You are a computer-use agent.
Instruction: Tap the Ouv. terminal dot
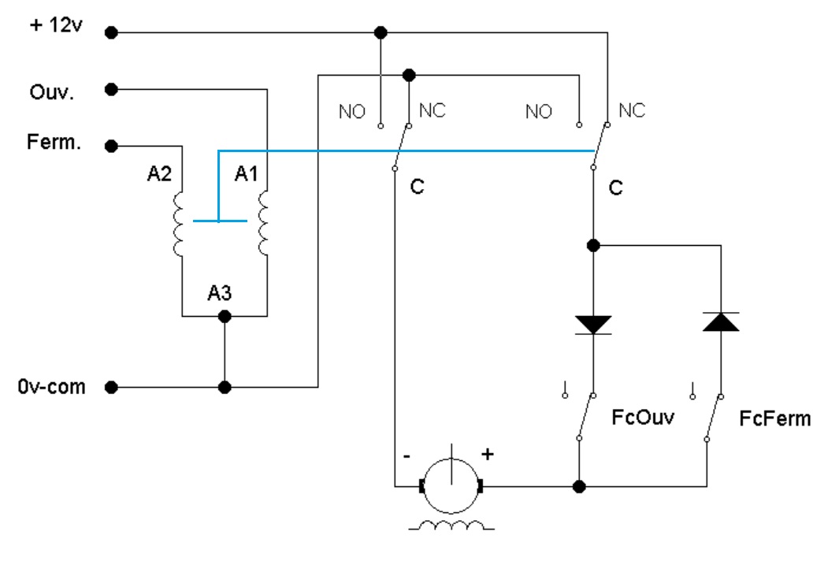point(112,89)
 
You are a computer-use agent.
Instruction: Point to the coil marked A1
point(262,222)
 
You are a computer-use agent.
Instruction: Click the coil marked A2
point(178,222)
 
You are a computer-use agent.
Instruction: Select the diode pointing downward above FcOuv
point(593,323)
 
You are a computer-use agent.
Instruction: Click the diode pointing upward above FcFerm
point(721,321)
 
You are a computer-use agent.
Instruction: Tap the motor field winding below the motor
point(452,526)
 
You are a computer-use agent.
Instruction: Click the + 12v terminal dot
point(112,33)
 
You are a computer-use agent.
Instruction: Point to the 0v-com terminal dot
point(112,388)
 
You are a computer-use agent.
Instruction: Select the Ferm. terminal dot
point(112,145)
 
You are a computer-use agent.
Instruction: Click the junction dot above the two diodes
point(593,246)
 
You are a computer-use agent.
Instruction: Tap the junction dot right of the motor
point(579,486)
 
